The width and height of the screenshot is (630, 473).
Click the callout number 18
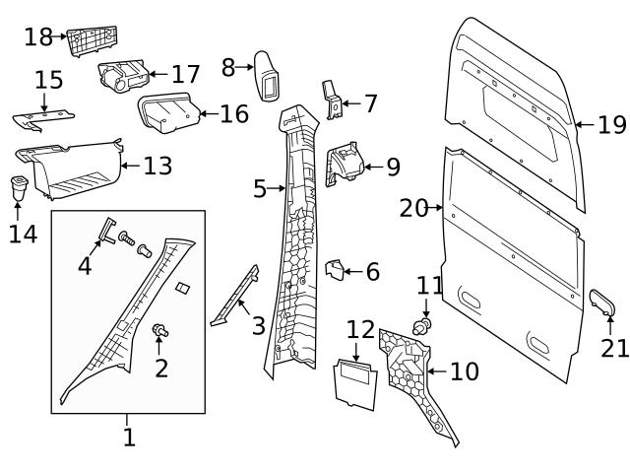point(38,37)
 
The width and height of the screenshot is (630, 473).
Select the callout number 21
point(613,348)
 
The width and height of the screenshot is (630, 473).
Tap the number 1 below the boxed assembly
point(129,437)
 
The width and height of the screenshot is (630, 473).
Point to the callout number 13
point(157,166)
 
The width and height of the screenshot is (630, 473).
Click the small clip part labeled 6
point(335,269)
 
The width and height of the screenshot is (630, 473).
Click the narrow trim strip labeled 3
point(235,297)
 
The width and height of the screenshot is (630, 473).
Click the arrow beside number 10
point(432,372)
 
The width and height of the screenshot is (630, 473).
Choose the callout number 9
point(392,167)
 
